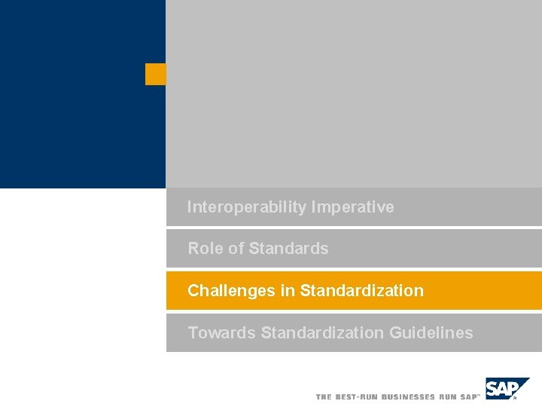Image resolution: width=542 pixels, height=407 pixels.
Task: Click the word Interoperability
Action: (x=247, y=207)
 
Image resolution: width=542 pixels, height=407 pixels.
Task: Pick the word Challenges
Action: (x=231, y=291)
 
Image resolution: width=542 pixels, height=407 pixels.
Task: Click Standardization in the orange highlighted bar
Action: (x=361, y=291)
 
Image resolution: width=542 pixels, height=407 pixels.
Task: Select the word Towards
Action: (x=221, y=333)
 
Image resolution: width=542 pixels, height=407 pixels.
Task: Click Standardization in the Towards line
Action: (x=322, y=333)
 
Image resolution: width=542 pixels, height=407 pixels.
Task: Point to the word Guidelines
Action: (x=431, y=333)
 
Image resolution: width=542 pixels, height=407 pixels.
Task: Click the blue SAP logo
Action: (x=507, y=388)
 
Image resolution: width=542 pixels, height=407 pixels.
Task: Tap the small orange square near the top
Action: (x=155, y=74)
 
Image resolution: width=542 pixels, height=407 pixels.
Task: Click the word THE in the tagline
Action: (x=324, y=396)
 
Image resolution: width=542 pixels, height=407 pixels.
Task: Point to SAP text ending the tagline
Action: (x=468, y=396)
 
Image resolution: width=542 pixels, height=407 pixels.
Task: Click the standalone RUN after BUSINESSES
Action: (x=447, y=396)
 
